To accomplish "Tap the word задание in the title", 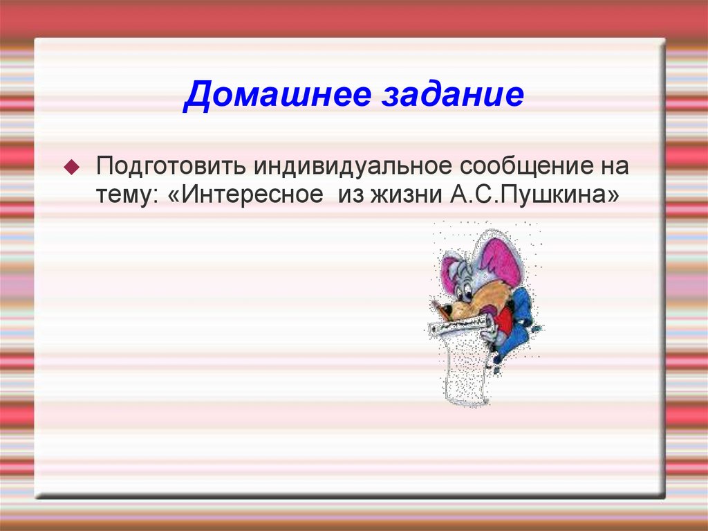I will tap(450, 96).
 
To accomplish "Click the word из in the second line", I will tap(351, 196).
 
